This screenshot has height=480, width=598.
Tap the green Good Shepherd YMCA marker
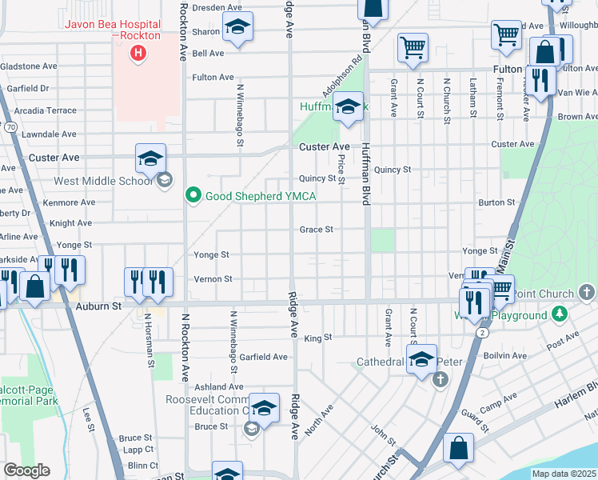click(x=193, y=195)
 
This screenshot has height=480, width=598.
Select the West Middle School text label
click(x=102, y=180)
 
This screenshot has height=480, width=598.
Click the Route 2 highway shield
click(x=481, y=331)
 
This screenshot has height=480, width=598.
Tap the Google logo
click(x=26, y=470)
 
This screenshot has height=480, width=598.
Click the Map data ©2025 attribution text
click(x=564, y=474)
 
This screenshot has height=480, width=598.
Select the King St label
click(x=317, y=338)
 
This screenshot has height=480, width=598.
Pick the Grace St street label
click(x=316, y=230)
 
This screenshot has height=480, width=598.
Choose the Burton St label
click(x=496, y=203)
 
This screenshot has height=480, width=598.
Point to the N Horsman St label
click(x=149, y=339)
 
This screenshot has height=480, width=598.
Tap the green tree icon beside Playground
click(x=560, y=314)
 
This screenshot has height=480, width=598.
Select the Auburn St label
click(x=98, y=306)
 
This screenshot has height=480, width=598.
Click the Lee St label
click(x=89, y=421)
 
